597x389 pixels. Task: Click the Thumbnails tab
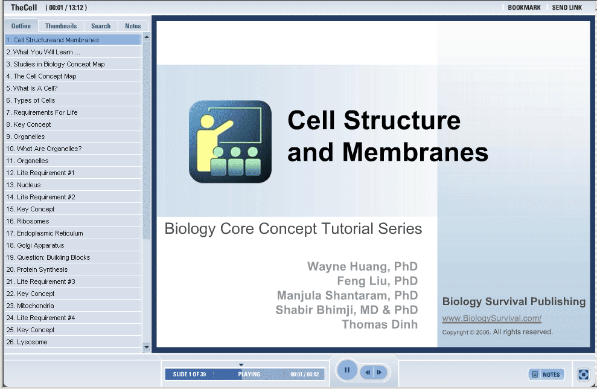click(61, 26)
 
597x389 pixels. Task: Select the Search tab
click(101, 26)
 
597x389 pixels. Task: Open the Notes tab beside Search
click(132, 26)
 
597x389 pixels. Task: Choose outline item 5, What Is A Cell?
click(32, 88)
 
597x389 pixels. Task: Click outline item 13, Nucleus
click(24, 185)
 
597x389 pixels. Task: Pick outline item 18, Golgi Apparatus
click(36, 245)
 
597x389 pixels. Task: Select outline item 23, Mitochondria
click(30, 306)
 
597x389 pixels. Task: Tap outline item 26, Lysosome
click(27, 342)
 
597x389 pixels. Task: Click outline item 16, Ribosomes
click(28, 221)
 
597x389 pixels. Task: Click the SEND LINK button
click(567, 8)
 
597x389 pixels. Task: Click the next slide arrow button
click(380, 372)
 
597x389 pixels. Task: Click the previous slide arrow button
click(368, 372)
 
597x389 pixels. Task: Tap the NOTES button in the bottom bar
click(546, 375)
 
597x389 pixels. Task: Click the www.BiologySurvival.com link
click(491, 318)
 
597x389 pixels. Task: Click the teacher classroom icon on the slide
click(231, 142)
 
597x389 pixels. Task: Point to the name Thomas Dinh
click(380, 324)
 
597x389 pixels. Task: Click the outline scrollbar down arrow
click(147, 347)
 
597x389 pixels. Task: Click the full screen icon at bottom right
click(583, 375)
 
